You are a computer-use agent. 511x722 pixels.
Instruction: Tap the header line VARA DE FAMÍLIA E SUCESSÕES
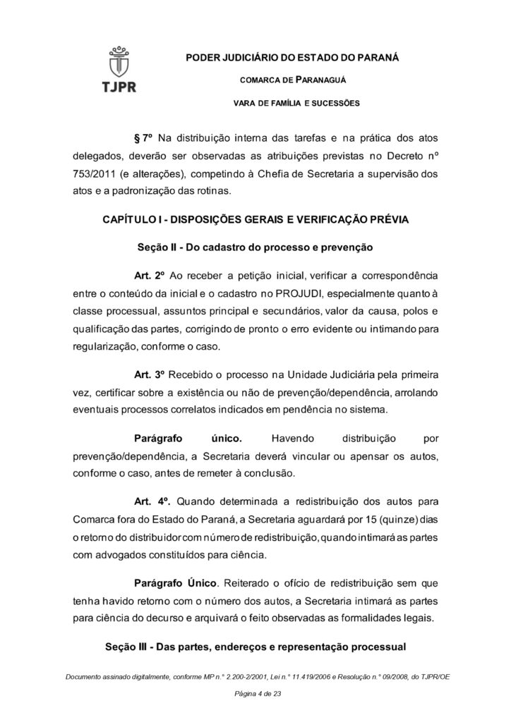(x=296, y=103)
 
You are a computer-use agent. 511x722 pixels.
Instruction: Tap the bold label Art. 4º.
(x=152, y=501)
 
